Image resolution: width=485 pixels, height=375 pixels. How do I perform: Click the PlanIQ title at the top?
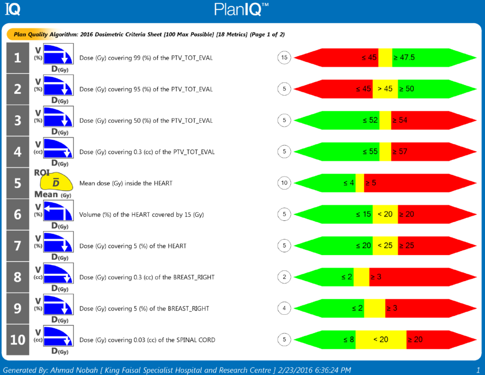point(242,9)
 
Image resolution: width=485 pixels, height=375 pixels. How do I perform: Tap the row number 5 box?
point(18,183)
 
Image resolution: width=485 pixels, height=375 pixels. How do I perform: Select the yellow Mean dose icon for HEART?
point(55,183)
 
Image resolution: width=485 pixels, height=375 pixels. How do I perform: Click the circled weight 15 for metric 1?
point(284,58)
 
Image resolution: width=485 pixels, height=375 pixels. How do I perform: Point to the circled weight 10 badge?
point(284,183)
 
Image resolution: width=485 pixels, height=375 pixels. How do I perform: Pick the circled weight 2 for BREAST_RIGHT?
point(284,277)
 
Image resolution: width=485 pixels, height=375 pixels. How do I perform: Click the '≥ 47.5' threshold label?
point(404,58)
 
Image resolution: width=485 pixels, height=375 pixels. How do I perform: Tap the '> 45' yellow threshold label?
point(385,89)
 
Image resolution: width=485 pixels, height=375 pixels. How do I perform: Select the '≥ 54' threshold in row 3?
point(399,120)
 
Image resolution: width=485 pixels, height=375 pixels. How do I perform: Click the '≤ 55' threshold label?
point(370,152)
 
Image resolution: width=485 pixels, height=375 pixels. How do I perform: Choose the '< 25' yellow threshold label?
point(385,246)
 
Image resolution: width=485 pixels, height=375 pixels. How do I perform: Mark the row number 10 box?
point(18,339)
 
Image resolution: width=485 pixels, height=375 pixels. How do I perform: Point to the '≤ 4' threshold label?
point(348,183)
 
